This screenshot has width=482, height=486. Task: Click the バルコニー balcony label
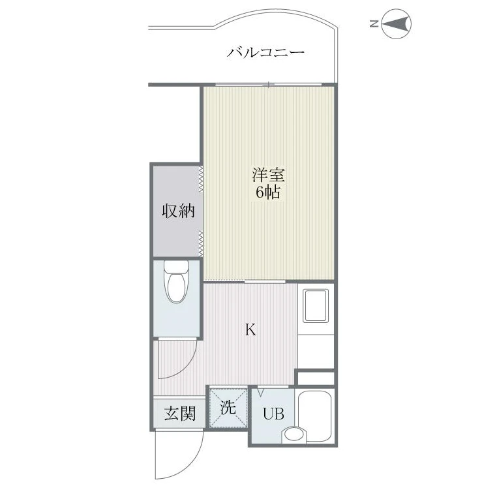[x=265, y=52]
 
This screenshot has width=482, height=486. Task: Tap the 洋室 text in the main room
[x=268, y=175]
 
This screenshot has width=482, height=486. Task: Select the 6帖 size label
[x=268, y=192]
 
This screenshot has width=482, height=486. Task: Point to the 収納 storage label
[x=178, y=211]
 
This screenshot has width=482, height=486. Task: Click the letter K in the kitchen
[x=250, y=329]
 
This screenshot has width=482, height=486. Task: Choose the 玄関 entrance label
[x=180, y=413]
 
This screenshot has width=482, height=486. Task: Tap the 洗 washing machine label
[x=228, y=407]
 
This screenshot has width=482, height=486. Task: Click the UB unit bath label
[x=274, y=413]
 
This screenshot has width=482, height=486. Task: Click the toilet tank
[x=176, y=266]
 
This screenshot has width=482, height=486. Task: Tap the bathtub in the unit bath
[x=315, y=416]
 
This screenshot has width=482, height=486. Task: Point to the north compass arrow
[x=396, y=23]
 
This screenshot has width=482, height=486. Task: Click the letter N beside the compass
[x=374, y=23]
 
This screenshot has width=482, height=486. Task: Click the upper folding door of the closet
[x=201, y=179]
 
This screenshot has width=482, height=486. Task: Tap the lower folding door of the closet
[x=201, y=243]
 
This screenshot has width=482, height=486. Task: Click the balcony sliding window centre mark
[x=269, y=84]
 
